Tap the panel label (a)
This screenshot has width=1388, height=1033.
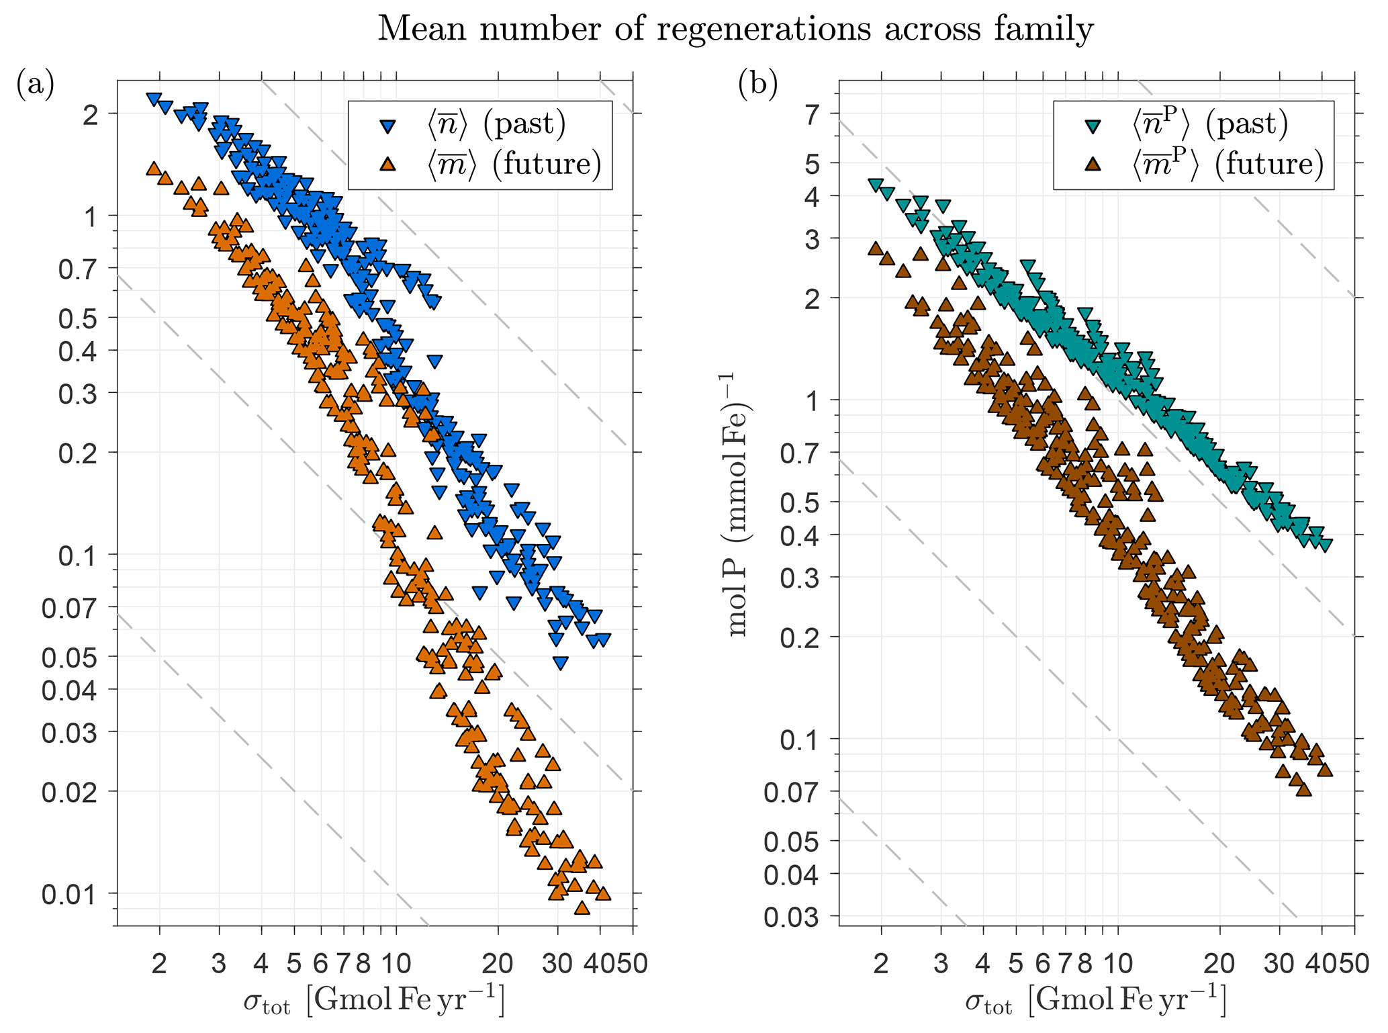click(35, 85)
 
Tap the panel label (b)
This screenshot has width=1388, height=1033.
click(757, 85)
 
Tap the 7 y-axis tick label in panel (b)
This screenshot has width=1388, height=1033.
click(814, 116)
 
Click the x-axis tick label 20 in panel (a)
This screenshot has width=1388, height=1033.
click(498, 964)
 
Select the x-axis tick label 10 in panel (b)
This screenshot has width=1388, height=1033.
click(1118, 964)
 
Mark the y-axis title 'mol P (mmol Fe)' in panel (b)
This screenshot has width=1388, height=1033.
click(739, 504)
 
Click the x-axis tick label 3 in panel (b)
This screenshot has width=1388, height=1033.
click(941, 964)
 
